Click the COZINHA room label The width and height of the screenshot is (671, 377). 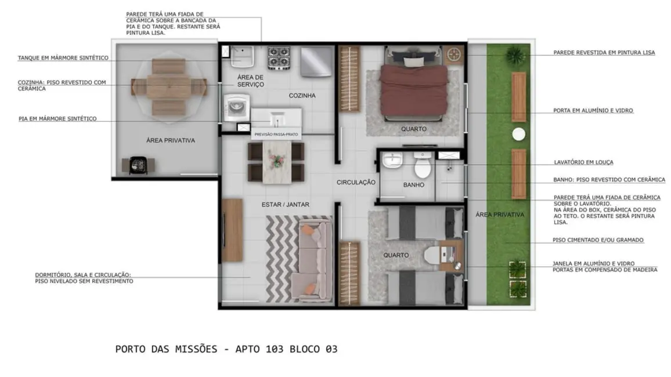(x=302, y=95)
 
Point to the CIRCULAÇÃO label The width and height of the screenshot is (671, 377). (x=356, y=182)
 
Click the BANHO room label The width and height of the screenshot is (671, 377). (x=414, y=185)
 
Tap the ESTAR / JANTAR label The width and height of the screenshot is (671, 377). (x=285, y=204)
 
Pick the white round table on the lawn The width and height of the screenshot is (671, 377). (x=518, y=135)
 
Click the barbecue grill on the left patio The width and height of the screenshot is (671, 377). (x=138, y=165)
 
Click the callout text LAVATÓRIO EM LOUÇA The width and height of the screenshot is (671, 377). (x=583, y=162)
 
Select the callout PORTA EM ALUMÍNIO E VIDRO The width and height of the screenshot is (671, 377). (x=593, y=110)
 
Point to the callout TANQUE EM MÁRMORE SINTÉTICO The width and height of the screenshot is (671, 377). (x=63, y=58)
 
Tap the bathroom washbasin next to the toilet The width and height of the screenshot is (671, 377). (x=393, y=159)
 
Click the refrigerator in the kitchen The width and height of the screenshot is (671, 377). (x=317, y=61)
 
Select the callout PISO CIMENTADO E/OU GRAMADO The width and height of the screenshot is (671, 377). (x=598, y=240)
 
